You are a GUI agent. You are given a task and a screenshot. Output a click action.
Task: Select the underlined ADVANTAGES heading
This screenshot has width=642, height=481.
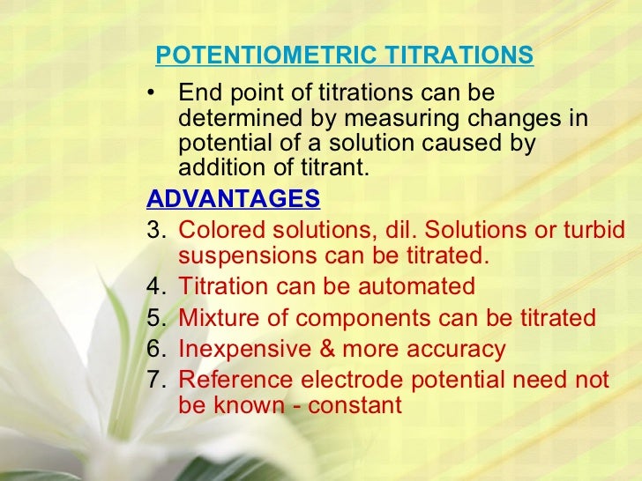pyautogui.click(x=234, y=198)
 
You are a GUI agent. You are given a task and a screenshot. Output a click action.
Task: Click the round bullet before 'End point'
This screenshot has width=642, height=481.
pyautogui.click(x=154, y=93)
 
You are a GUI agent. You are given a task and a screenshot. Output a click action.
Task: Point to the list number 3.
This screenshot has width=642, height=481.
pyautogui.click(x=154, y=230)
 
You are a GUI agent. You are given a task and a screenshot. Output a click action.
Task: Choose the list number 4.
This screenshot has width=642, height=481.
pyautogui.click(x=154, y=286)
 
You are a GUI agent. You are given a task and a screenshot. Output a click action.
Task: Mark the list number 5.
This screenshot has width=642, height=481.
pyautogui.click(x=154, y=318)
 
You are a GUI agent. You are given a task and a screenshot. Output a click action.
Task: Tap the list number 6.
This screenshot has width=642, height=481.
pyautogui.click(x=154, y=349)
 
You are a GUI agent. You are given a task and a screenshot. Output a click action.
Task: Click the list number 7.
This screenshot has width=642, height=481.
pyautogui.click(x=154, y=380)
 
